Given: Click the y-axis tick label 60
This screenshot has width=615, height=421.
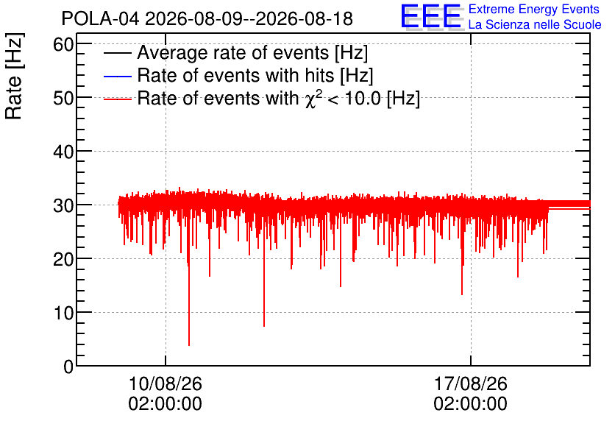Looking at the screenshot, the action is [63, 45].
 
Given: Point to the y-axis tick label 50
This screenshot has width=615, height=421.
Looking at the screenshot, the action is [63, 98].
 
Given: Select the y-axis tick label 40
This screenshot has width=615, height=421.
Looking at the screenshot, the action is [63, 152].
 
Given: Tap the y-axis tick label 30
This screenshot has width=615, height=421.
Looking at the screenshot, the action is [63, 205].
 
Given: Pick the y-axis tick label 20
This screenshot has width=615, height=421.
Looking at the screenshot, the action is [63, 259].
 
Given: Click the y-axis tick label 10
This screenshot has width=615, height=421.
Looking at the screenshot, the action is [63, 313].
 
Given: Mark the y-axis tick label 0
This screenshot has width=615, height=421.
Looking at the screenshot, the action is [68, 367].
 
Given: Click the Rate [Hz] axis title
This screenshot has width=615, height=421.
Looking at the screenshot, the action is [14, 76].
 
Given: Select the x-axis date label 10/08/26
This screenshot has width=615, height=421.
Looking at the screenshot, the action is [165, 383].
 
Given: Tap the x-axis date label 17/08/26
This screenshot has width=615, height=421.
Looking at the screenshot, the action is [470, 383].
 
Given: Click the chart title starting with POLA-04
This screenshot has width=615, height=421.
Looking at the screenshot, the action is [207, 18].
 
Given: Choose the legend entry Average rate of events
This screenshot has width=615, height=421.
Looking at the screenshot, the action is [252, 52].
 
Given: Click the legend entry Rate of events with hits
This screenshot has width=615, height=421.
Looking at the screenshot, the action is [255, 75].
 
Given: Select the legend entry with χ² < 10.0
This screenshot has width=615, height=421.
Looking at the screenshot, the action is [279, 98].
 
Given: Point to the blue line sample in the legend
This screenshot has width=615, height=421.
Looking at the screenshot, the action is [117, 76].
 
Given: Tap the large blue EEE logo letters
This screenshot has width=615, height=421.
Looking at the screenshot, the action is [430, 16].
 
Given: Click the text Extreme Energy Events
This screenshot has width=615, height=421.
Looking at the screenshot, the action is [534, 9].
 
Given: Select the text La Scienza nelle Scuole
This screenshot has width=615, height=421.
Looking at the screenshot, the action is [535, 24].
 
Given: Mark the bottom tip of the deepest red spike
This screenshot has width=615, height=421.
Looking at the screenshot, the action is [189, 345].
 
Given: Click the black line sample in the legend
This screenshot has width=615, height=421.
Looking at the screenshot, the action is [117, 53].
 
